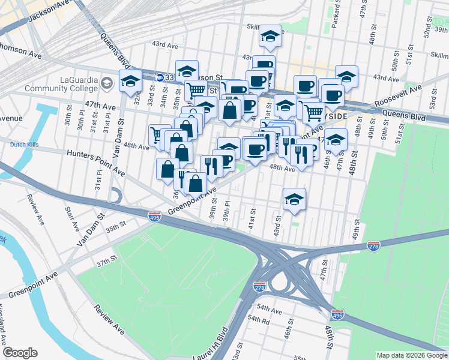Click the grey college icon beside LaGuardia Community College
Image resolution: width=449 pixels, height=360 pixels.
point(108,82)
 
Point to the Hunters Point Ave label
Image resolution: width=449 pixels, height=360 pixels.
point(96,163)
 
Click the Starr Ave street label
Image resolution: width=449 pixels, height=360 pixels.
point(71,219)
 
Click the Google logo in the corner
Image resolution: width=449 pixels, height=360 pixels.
point(20,353)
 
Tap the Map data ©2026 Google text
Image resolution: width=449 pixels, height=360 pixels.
point(411,355)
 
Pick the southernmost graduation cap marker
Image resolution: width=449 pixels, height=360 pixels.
point(294,199)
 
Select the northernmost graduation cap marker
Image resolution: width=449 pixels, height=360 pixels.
point(271,38)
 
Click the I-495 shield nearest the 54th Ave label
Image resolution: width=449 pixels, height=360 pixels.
point(337,314)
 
